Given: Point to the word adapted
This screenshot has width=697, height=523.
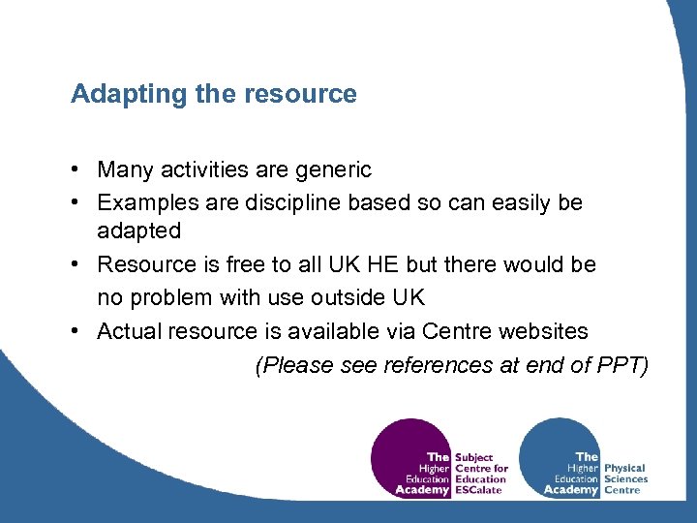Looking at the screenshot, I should pyautogui.click(x=138, y=231).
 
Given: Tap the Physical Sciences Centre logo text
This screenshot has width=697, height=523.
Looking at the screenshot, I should pyautogui.click(x=624, y=478).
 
